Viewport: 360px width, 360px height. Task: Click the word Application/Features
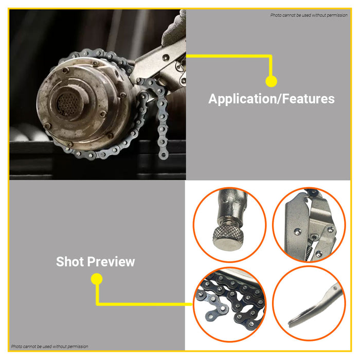click(272, 99)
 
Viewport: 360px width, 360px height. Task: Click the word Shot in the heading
click(70, 261)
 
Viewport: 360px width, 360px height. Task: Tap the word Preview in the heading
click(111, 261)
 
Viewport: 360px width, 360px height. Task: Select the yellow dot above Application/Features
click(271, 81)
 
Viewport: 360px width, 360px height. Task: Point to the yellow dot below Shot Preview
click(97, 279)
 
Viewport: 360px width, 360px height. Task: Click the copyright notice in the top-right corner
click(309, 15)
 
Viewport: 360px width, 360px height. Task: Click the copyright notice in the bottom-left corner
click(49, 347)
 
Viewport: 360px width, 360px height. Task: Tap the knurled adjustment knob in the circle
click(227, 238)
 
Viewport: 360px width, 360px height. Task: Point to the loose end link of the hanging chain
click(163, 155)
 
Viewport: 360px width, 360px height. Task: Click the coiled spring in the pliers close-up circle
click(308, 250)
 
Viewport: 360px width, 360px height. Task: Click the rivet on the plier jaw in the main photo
click(166, 57)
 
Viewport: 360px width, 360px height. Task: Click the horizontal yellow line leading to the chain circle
click(144, 304)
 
